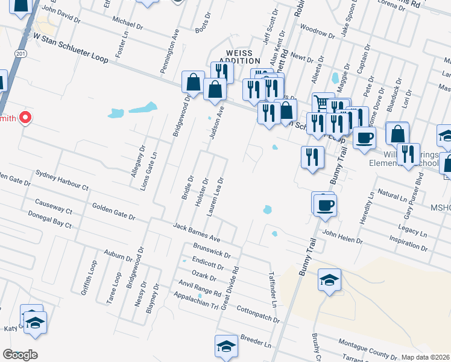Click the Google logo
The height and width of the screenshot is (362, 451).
[20, 355]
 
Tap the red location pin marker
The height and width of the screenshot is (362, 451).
[25, 118]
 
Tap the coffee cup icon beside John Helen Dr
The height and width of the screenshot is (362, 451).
[325, 204]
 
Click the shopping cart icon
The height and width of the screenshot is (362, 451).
[323, 103]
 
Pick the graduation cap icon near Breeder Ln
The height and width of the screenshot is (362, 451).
[226, 346]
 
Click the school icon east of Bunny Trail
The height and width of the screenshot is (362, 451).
[329, 280]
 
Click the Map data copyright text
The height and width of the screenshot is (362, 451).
[425, 357]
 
